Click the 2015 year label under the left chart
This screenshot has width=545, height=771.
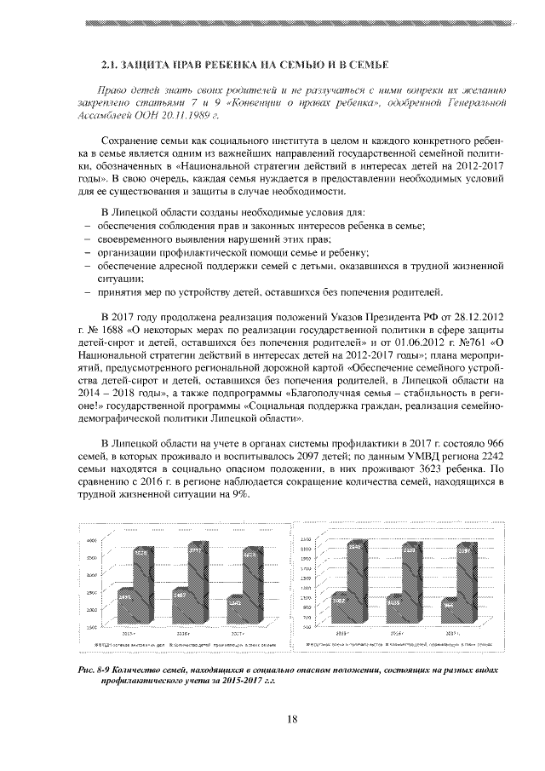click(130, 635)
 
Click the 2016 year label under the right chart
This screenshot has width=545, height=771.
click(396, 635)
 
